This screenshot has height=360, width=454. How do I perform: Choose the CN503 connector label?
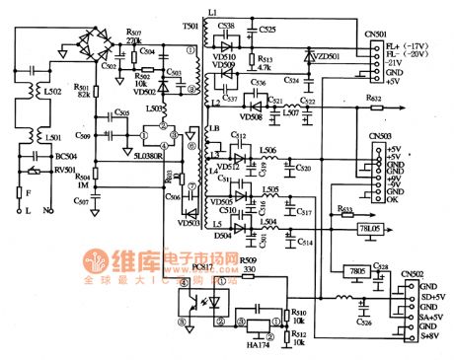pyautogui.click(x=381, y=135)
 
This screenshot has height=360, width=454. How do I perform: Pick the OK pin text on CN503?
pyautogui.click(x=397, y=199)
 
